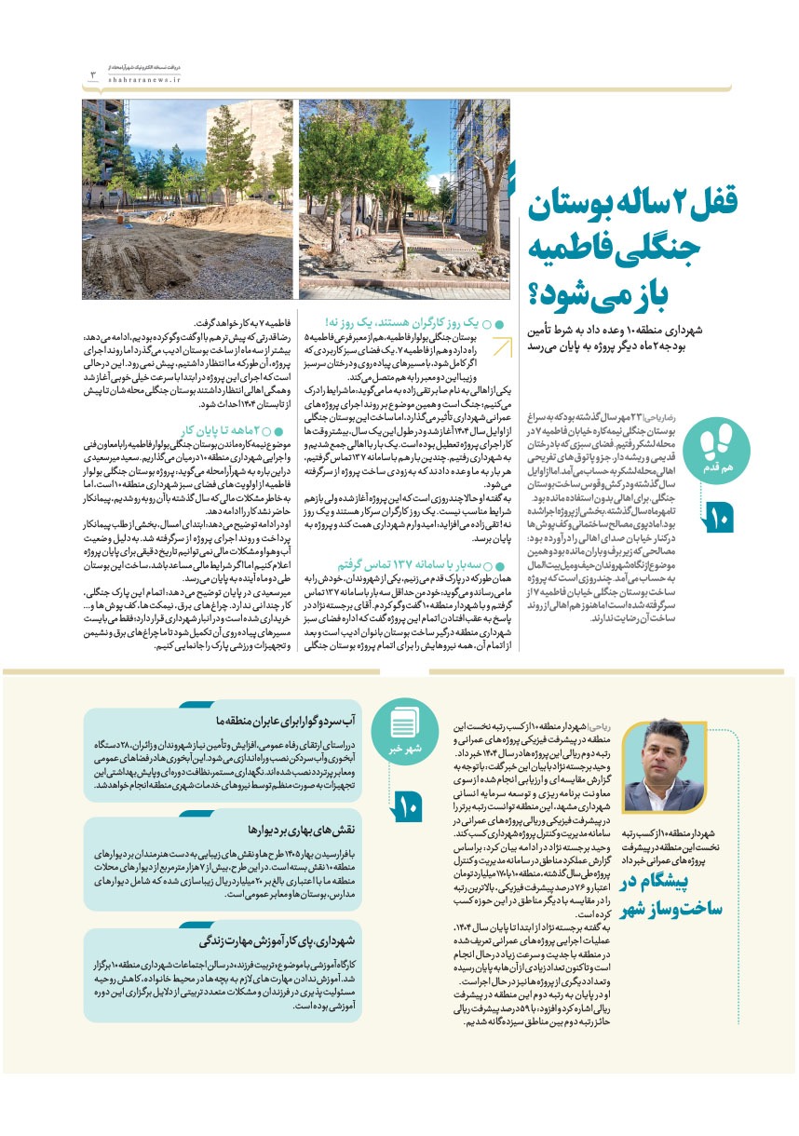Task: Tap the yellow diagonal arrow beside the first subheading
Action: pos(503,347)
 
